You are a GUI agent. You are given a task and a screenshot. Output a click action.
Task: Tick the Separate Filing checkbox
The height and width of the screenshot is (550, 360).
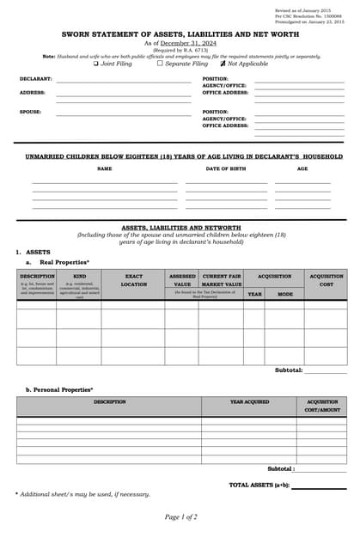160,64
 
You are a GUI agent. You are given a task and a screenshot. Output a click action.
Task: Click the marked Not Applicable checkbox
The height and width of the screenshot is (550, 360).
222,64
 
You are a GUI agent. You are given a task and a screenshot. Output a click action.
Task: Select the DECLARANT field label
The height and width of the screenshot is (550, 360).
36,79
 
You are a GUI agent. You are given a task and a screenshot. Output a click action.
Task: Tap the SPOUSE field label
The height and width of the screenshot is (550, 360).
30,112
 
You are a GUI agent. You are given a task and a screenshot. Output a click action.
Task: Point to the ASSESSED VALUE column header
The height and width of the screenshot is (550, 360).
182,280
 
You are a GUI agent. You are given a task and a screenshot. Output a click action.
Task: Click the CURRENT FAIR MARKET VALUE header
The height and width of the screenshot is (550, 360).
221,280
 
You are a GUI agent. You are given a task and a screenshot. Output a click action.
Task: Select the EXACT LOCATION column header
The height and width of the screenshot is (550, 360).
133,280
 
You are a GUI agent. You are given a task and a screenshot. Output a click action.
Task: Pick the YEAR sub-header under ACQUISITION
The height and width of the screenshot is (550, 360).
254,294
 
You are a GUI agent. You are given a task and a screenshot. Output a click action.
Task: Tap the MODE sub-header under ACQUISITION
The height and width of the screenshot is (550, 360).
284,294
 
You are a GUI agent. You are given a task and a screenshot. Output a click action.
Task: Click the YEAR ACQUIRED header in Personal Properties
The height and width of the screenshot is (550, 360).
249,402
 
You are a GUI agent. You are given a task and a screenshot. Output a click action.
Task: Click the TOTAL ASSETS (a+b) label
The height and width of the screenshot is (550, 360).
259,485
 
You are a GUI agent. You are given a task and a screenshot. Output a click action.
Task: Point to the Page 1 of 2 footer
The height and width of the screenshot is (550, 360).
180,516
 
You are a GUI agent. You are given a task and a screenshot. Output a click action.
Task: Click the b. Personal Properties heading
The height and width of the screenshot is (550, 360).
59,389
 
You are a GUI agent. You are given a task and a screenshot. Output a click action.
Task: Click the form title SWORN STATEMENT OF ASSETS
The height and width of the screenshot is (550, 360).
180,34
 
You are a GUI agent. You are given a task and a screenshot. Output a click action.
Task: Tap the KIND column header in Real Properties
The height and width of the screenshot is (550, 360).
79,277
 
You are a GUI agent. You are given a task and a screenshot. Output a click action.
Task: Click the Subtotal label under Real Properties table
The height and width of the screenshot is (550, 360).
289,370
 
